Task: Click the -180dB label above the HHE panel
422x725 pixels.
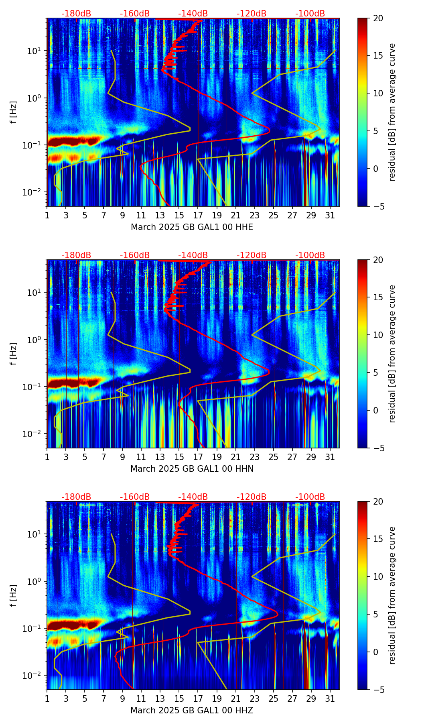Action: (x=76, y=14)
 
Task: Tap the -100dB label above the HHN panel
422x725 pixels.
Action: (x=310, y=255)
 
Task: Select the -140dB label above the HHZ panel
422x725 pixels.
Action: (x=193, y=497)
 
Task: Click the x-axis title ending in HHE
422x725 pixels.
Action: (x=192, y=227)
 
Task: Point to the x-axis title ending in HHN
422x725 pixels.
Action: (x=192, y=469)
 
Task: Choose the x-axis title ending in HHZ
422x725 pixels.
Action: (x=192, y=711)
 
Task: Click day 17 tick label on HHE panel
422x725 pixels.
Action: (x=198, y=216)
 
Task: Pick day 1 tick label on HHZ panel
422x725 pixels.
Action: (x=47, y=699)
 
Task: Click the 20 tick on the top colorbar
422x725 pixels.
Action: (x=378, y=18)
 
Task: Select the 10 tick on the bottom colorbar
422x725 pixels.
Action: (x=378, y=577)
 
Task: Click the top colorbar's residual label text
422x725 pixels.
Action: (x=392, y=112)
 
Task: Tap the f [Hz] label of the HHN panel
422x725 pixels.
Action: (x=14, y=354)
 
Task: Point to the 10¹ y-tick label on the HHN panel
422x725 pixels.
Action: (x=37, y=292)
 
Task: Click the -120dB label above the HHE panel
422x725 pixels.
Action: (x=252, y=14)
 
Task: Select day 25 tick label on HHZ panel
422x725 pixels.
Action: (x=274, y=699)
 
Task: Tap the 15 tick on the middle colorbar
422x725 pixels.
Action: (x=378, y=297)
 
